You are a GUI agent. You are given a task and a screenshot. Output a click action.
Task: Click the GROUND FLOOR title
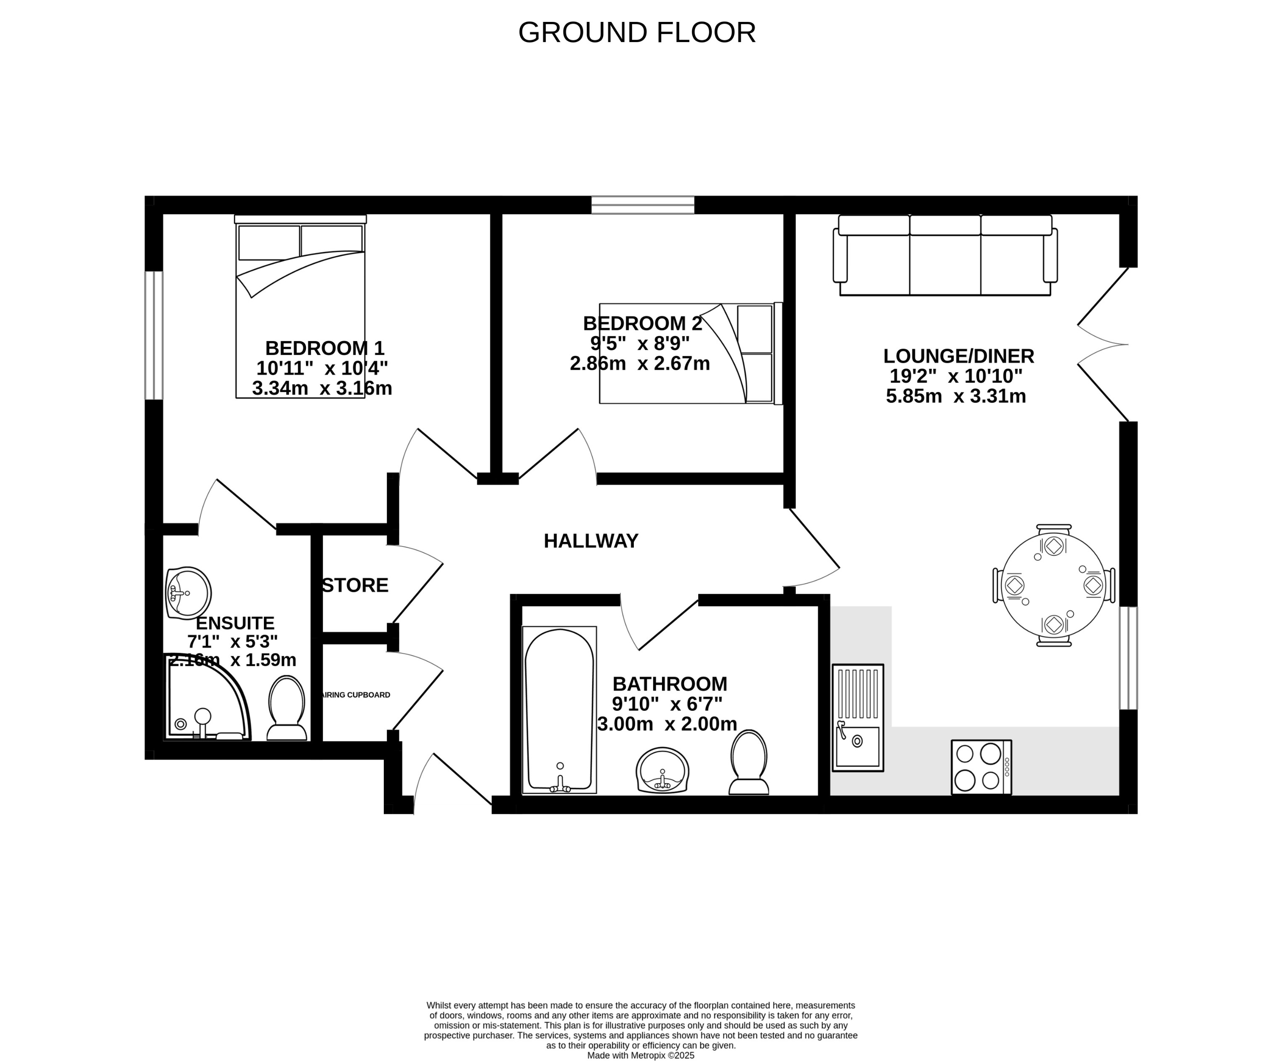(637, 33)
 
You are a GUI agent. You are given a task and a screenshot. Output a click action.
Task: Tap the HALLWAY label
(591, 541)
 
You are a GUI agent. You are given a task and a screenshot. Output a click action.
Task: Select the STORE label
(355, 585)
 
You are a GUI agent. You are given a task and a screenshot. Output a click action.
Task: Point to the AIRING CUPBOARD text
(356, 695)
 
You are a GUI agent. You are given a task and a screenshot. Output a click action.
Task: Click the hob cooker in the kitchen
(981, 767)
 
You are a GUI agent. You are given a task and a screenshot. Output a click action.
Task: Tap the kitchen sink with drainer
(858, 718)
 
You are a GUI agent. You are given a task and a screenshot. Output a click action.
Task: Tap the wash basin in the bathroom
(662, 771)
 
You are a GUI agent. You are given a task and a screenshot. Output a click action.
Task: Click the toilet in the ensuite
(287, 709)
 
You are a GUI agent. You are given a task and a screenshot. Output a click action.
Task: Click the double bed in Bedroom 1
(301, 309)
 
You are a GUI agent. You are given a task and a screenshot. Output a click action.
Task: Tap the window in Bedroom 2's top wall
(643, 205)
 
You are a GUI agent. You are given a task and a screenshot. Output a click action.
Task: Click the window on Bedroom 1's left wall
(154, 335)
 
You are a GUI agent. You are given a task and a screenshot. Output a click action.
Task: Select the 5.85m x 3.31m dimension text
(956, 397)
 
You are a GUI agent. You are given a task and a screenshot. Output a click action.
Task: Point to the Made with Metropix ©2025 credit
(641, 1056)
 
